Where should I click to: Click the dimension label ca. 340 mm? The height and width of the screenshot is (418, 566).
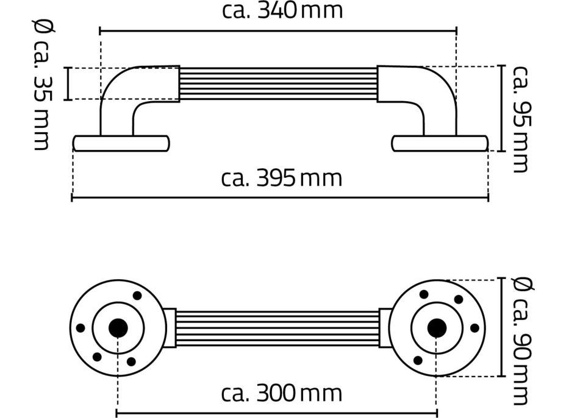pos(282,10)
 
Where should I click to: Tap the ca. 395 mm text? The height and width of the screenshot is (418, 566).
pos(282,179)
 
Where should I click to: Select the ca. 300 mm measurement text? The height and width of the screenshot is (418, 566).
pos(281,393)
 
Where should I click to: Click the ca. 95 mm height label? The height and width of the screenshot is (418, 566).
pos(520,118)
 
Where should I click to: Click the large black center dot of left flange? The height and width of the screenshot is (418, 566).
pos(118,328)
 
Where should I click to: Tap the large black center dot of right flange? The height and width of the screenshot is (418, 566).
pos(437,328)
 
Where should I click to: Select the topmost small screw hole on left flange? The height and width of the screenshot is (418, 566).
pos(137,296)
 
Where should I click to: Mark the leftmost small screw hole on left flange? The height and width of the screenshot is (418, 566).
pos(81,328)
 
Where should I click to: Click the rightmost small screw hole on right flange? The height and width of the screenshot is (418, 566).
pos(475,328)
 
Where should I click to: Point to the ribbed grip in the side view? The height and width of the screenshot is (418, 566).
pos(278,84)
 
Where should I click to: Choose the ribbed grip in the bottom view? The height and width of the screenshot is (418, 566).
pos(278,328)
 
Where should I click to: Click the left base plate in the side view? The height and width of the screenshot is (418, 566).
pos(121,143)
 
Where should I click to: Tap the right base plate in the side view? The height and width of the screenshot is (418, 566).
pos(439,143)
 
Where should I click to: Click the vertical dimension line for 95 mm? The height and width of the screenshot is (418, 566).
pos(501,108)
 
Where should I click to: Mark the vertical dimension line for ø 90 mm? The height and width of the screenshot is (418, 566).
pos(501,328)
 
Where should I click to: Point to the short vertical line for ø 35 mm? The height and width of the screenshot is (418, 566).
pos(68,83)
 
